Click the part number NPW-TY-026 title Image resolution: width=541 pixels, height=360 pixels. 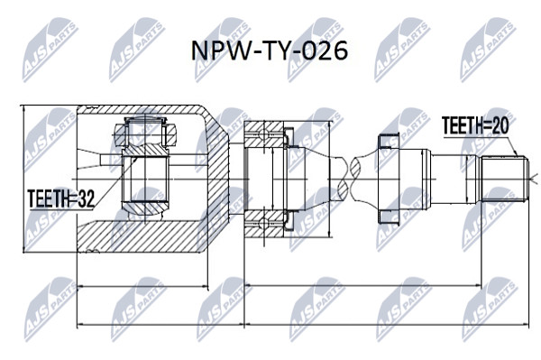click(270, 51)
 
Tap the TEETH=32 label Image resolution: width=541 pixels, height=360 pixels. click(61, 198)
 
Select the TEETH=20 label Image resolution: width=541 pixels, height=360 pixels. click(475, 125)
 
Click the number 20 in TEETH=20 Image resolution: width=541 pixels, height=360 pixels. click(500, 125)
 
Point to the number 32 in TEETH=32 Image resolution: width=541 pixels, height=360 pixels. click(86, 198)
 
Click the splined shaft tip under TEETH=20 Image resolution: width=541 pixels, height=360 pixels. click(505, 179)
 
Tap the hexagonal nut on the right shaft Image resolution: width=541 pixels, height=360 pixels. click(389, 179)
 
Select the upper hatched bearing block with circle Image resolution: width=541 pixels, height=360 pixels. click(264, 134)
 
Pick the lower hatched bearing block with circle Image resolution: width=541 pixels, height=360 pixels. click(264, 224)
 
